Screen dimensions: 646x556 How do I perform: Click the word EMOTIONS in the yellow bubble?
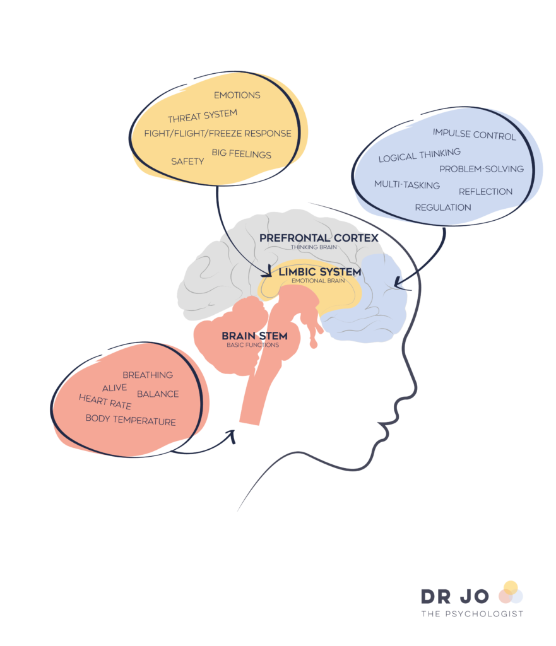(x=237, y=95)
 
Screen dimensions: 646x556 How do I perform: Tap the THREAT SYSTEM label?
(x=202, y=116)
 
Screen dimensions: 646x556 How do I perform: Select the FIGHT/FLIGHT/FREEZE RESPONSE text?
(x=218, y=134)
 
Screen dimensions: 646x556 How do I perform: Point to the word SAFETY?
(x=187, y=161)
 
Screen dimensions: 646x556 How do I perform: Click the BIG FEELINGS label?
(x=241, y=154)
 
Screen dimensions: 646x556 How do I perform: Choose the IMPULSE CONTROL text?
(x=474, y=134)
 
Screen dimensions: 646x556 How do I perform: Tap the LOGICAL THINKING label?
(x=419, y=155)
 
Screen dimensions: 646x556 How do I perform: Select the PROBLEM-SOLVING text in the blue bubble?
(x=481, y=169)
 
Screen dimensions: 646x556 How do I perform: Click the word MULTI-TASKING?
(x=406, y=185)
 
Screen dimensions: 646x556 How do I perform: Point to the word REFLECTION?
(x=485, y=192)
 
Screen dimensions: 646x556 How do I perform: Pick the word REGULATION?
(x=442, y=208)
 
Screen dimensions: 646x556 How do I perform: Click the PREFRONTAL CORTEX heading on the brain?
(x=319, y=238)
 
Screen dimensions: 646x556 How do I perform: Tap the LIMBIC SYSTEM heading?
(x=320, y=272)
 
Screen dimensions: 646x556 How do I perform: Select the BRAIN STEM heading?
(x=254, y=336)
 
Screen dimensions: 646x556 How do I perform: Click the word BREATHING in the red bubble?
(x=148, y=375)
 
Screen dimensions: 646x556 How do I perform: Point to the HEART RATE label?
(x=105, y=402)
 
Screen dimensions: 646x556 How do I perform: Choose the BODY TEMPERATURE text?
(x=131, y=420)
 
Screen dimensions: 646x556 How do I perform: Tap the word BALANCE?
(x=158, y=394)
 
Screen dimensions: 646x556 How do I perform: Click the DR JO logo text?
(x=455, y=596)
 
